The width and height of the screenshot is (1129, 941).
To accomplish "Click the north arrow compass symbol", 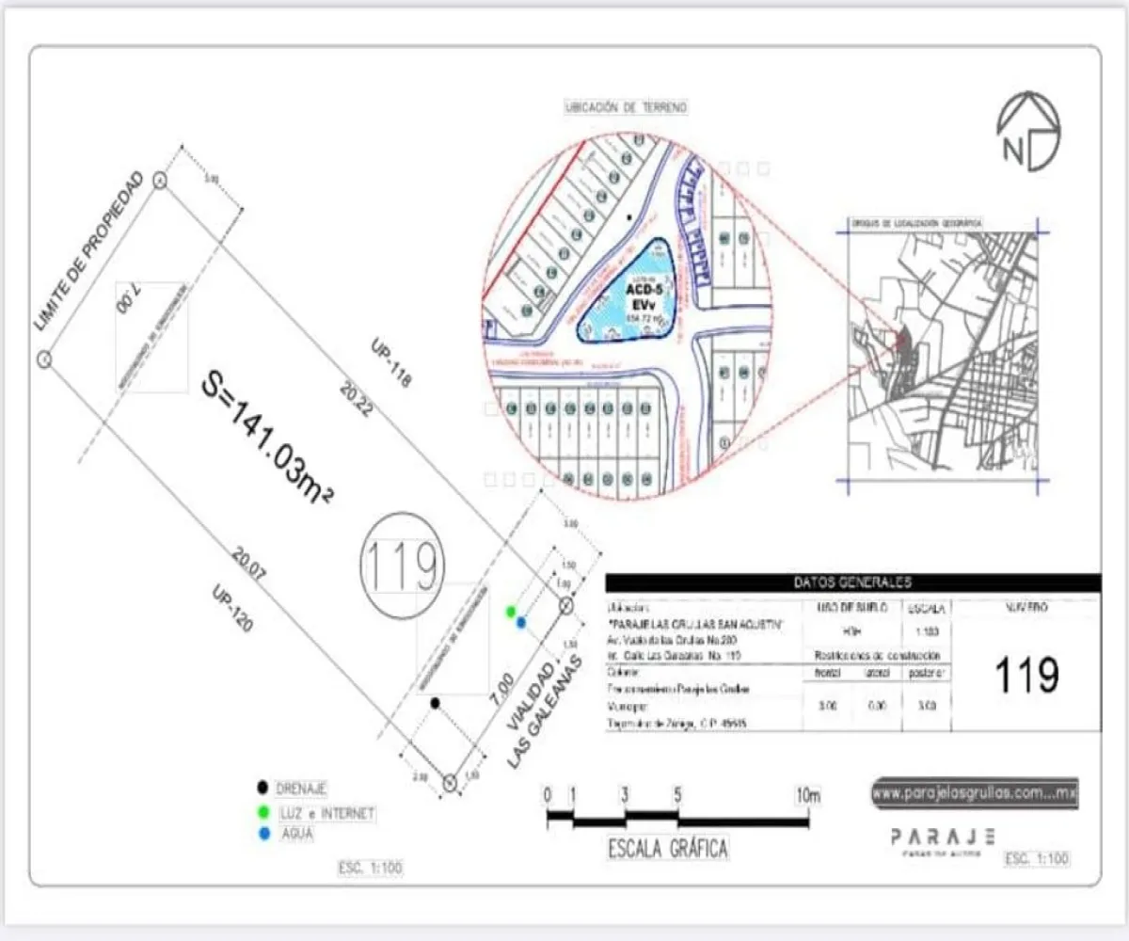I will click(1028, 132).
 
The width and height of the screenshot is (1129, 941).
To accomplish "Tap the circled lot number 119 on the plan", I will click(402, 566).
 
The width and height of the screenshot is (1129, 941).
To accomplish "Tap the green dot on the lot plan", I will click(511, 612).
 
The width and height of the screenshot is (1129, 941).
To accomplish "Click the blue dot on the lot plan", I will click(520, 622).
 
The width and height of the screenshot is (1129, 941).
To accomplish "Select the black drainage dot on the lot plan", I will click(435, 703).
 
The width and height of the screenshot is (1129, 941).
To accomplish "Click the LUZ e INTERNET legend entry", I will click(326, 812).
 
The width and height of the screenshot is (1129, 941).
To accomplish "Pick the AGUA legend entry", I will click(298, 834).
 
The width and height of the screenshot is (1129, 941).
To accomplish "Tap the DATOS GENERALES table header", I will click(852, 583).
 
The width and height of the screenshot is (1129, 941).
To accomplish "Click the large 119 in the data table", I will click(1027, 675).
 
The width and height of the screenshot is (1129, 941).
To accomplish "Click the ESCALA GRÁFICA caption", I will click(668, 849).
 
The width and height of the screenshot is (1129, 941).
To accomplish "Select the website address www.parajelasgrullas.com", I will click(974, 793).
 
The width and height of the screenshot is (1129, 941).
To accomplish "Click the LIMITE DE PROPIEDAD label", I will click(88, 252).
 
